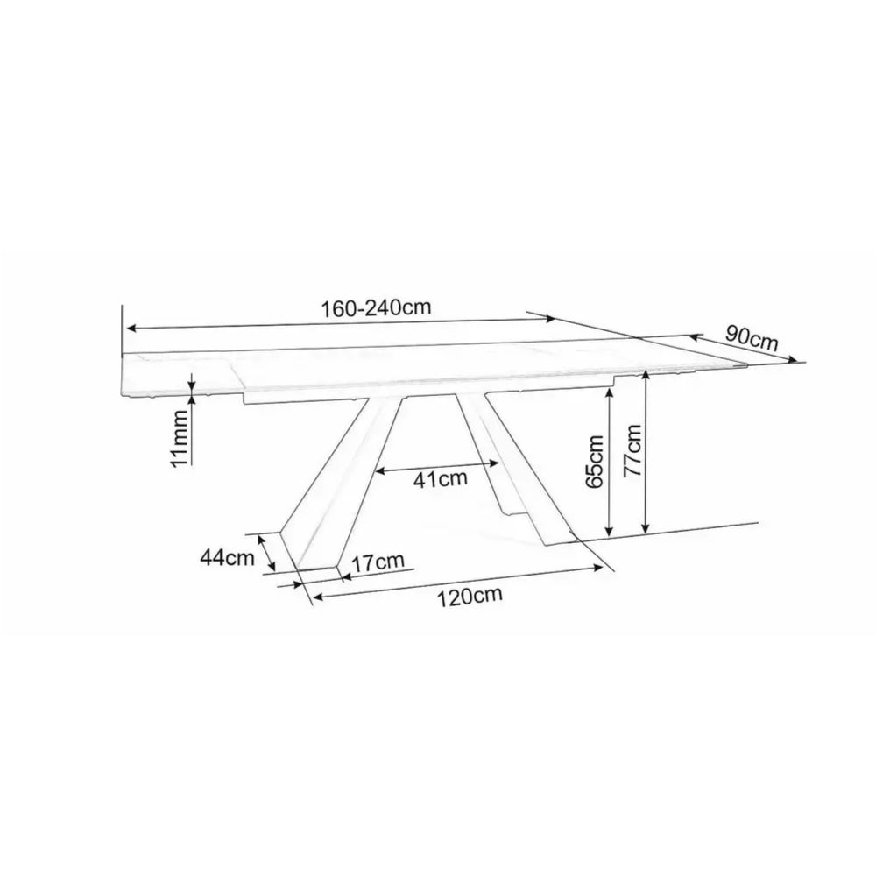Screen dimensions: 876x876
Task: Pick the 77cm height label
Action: [632, 449]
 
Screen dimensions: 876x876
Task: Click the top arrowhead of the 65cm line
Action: [607, 393]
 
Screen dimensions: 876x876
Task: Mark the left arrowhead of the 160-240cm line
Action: [130, 328]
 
